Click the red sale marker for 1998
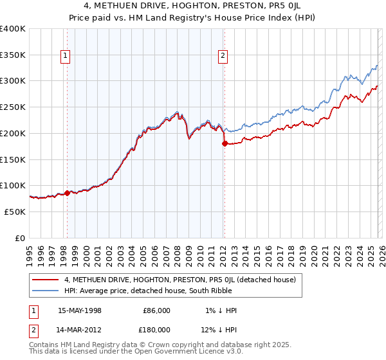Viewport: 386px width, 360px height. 67,192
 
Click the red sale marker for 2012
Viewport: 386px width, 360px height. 225,143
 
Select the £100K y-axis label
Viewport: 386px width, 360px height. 13,185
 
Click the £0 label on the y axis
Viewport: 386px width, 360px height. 19,238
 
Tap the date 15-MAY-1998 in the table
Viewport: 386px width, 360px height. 79,310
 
